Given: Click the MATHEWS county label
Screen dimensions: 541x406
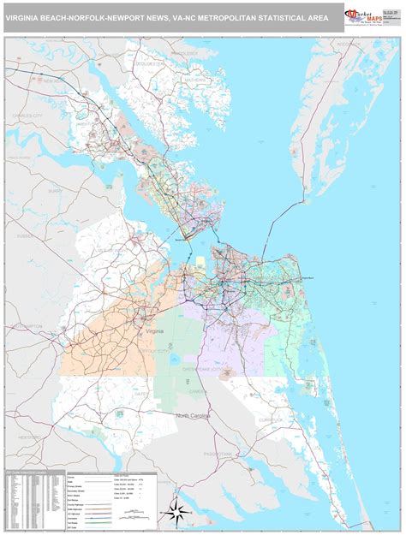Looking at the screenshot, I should pos(196,80).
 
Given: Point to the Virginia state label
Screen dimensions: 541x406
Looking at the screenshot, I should pos(155,330).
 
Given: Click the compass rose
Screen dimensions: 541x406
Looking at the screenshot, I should pos(178,513).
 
